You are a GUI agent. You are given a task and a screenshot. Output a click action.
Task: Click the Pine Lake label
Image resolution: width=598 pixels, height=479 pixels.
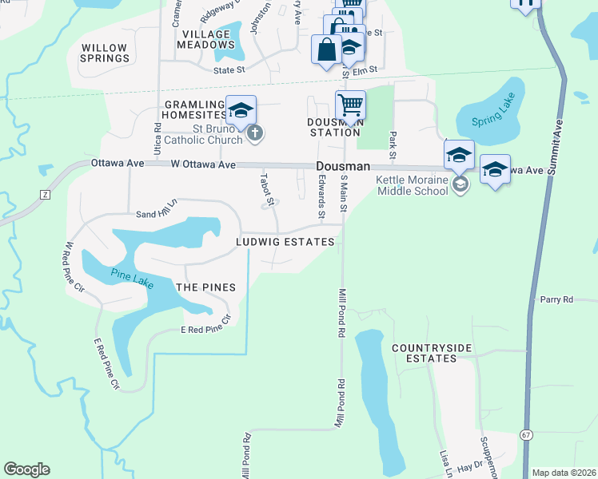[133, 275]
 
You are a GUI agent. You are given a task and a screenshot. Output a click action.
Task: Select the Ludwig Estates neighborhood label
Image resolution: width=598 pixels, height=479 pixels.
[285, 241]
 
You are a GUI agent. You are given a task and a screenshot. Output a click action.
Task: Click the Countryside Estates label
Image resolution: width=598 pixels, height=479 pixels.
[425, 353]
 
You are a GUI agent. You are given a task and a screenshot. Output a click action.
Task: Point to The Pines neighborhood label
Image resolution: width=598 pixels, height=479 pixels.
[205, 287]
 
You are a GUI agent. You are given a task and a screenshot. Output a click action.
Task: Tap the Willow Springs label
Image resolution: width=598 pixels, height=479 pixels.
[105, 53]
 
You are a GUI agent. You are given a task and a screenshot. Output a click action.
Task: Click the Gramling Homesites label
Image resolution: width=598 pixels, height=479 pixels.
[196, 109]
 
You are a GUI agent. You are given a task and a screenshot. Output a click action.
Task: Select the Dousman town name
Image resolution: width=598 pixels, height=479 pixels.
[343, 166]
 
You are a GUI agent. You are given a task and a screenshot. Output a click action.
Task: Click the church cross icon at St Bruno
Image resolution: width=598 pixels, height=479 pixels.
[255, 133]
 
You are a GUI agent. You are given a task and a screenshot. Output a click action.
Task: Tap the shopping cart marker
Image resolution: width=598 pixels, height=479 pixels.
[350, 105]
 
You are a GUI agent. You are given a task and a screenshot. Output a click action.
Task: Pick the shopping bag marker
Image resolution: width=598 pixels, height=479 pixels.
[326, 50]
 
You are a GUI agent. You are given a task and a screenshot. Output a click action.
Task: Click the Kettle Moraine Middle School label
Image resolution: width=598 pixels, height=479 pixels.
[413, 185]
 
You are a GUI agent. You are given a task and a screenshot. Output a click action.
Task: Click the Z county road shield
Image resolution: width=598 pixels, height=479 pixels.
[45, 195]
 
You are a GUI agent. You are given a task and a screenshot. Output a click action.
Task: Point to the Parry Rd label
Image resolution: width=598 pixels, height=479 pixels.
[556, 299]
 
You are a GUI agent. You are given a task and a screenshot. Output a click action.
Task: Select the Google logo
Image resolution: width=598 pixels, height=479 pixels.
[26, 469]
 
